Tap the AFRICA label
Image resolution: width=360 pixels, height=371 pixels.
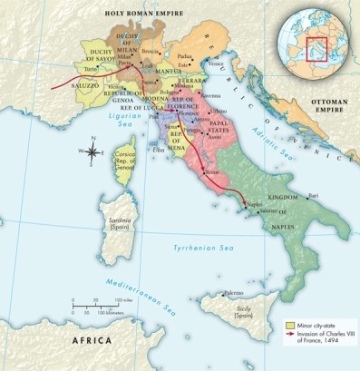[91, 342]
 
